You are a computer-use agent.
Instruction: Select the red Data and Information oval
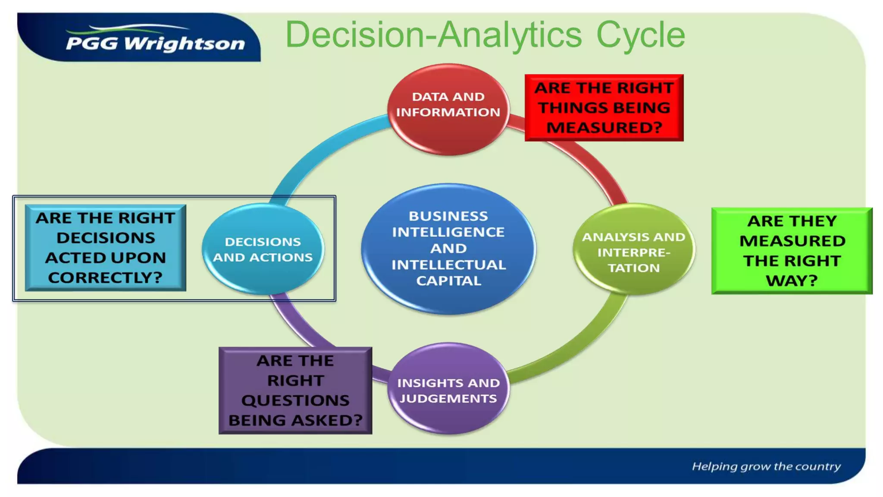[x=448, y=109]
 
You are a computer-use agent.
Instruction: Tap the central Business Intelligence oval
[x=448, y=248]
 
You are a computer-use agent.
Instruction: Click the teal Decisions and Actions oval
[x=263, y=249]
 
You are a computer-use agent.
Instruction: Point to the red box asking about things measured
[x=604, y=107]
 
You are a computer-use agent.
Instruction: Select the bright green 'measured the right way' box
[x=792, y=251]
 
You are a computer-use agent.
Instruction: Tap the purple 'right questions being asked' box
[x=295, y=390]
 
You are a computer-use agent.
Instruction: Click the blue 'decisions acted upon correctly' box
[x=106, y=248]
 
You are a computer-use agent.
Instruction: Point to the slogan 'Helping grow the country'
[x=766, y=466]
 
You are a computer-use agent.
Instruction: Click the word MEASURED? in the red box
[x=604, y=128]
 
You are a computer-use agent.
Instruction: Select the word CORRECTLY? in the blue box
[x=106, y=277]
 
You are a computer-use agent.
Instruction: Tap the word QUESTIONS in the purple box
[x=295, y=400]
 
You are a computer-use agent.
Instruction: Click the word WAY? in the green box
[x=792, y=281]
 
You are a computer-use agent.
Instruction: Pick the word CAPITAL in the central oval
[x=448, y=281]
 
